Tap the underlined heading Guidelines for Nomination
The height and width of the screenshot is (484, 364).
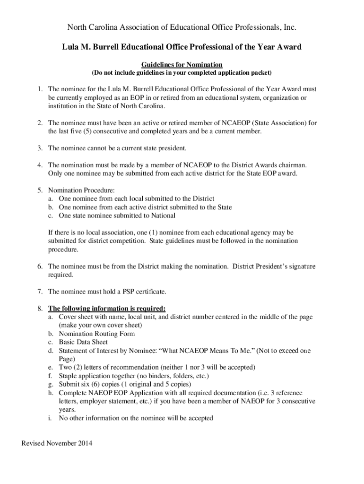[182, 64]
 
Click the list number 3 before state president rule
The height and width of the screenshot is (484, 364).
[41, 148]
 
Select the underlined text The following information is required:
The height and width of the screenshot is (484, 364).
[107, 308]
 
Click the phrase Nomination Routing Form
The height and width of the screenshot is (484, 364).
[97, 334]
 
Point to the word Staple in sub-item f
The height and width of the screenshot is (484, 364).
[68, 376]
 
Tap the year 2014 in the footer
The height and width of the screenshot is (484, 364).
[85, 443]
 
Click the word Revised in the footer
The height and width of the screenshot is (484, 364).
[33, 443]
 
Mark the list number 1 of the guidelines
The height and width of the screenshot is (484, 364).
[41, 89]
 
